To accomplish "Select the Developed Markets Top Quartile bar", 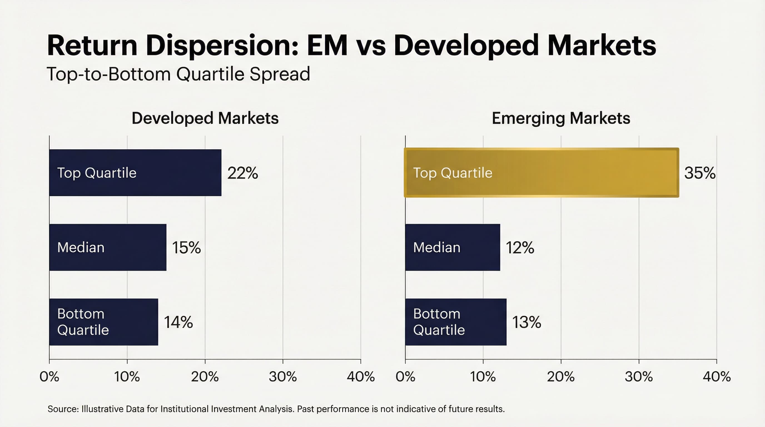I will [x=135, y=173].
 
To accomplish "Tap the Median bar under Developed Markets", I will [x=108, y=247].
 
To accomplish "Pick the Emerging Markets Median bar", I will [x=452, y=247].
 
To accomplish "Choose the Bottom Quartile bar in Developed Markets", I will [x=103, y=322].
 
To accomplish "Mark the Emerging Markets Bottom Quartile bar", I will [x=456, y=322].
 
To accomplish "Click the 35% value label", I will [x=699, y=173].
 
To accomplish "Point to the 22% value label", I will [x=242, y=173].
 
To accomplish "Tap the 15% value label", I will [x=186, y=247].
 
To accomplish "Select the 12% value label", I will [x=520, y=247].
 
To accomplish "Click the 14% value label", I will [x=178, y=322].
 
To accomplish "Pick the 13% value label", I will [x=526, y=322].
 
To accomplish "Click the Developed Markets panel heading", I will [x=205, y=118].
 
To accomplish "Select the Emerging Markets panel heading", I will [x=561, y=118].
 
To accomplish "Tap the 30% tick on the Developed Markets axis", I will [x=283, y=376].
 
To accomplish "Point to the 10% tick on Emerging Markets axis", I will [x=483, y=376].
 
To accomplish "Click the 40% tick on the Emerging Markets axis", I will [x=716, y=376].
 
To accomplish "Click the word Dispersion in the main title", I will [x=222, y=45].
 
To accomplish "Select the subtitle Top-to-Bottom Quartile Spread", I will [x=178, y=74].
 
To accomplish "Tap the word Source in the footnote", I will [x=63, y=409].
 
